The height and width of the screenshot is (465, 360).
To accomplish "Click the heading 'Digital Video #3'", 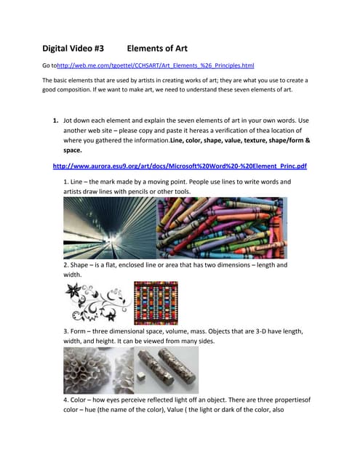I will pyautogui.click(x=73, y=49).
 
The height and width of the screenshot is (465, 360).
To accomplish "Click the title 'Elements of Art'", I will pyautogui.click(x=157, y=49).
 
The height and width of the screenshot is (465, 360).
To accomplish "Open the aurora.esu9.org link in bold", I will pyautogui.click(x=180, y=166).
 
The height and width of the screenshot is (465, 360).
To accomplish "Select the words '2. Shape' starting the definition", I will pyautogui.click(x=79, y=265).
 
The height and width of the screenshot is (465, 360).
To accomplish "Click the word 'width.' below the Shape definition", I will pyautogui.click(x=73, y=275).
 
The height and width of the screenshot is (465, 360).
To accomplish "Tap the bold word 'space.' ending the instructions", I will pyautogui.click(x=73, y=150).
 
